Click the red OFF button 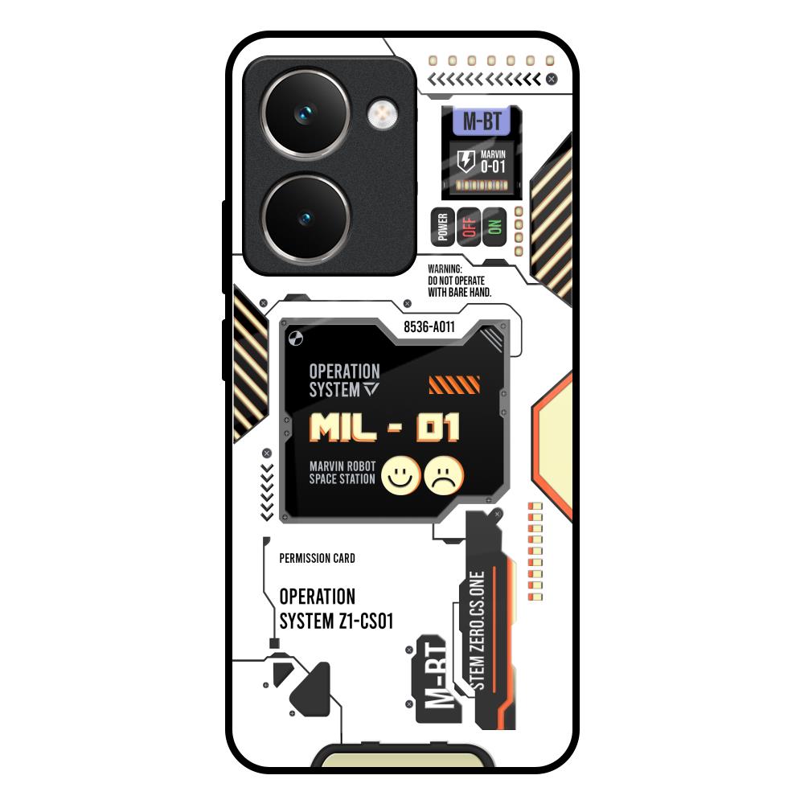point(468,227)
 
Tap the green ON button point(494,227)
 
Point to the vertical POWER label point(442,227)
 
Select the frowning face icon point(444,475)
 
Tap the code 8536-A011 point(429,327)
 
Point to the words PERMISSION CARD point(317,558)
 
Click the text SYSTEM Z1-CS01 point(336,621)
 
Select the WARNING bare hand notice point(460,281)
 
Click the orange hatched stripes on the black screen point(454,385)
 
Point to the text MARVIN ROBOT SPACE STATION point(343,473)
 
